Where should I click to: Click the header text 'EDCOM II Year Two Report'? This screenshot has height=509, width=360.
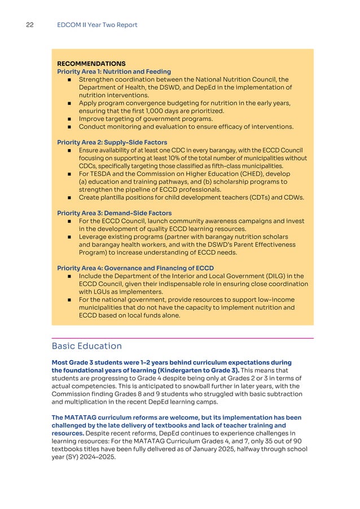click(x=97, y=25)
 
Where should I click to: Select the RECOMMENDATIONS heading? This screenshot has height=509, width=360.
click(x=91, y=64)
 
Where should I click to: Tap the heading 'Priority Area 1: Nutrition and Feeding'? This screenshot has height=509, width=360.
click(x=114, y=72)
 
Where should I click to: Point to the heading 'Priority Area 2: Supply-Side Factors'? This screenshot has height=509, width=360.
click(x=112, y=142)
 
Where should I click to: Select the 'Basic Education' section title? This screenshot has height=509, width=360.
click(x=86, y=345)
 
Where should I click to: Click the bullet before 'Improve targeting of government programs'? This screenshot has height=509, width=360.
click(x=68, y=119)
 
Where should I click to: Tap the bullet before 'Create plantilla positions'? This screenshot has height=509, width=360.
click(x=68, y=198)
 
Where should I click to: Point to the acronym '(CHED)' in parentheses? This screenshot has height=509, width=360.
click(x=248, y=174)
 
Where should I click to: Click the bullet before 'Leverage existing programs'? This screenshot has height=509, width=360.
click(x=68, y=236)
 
